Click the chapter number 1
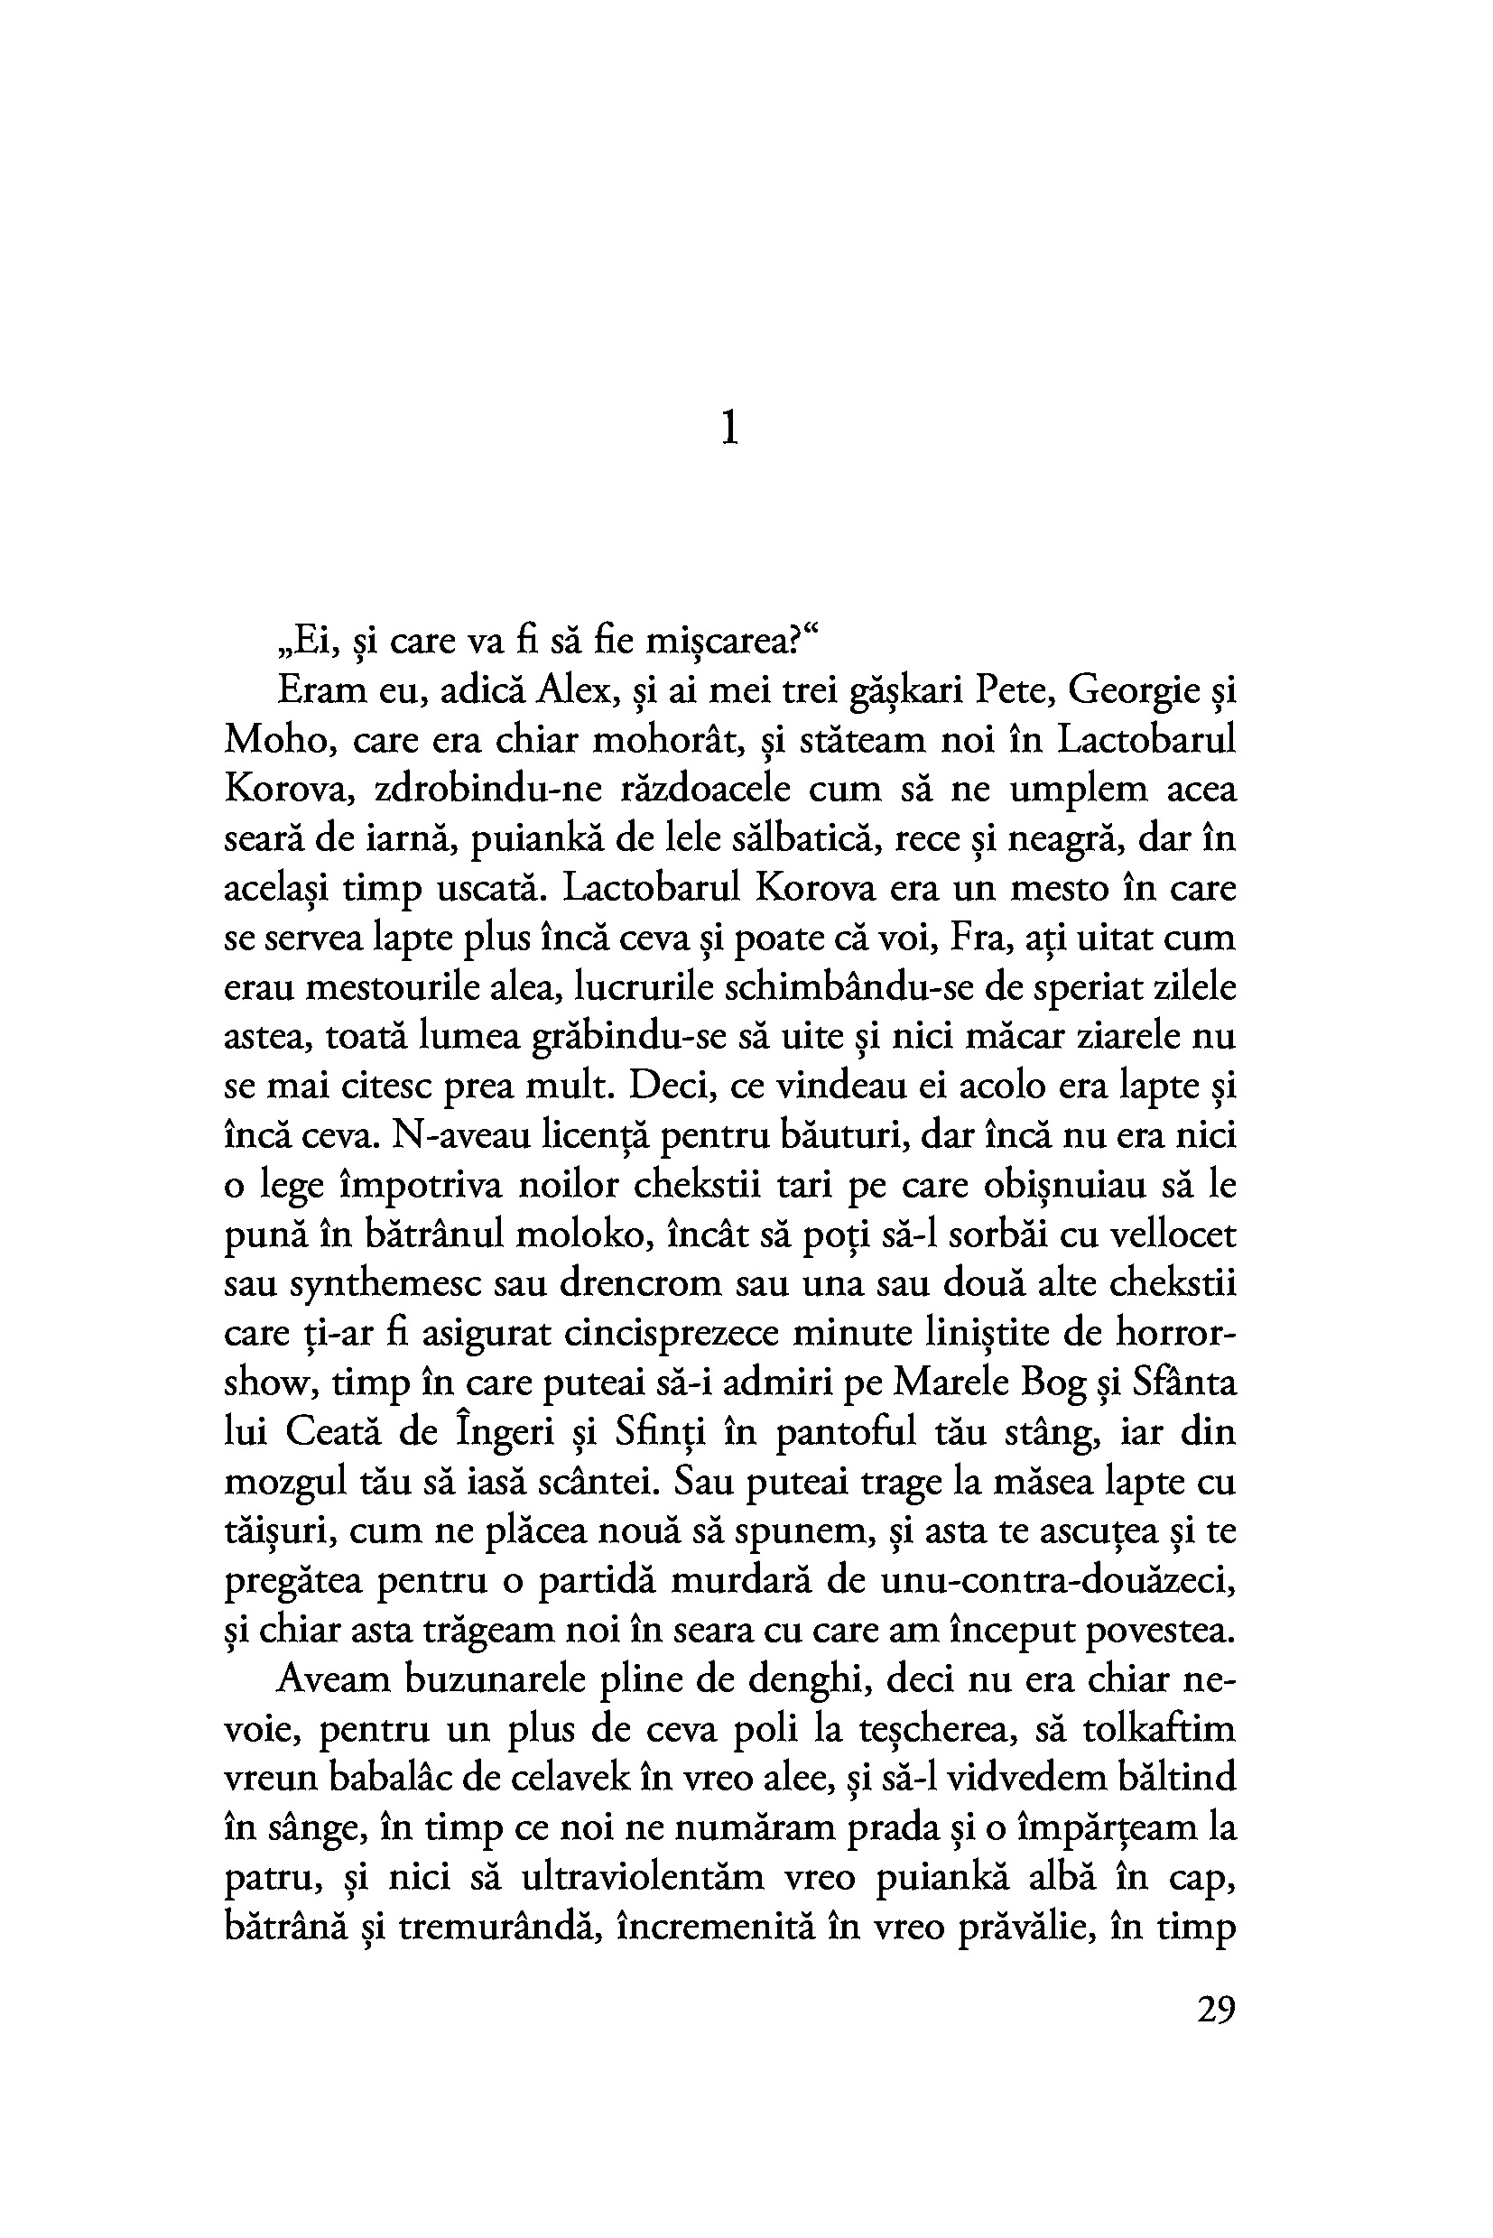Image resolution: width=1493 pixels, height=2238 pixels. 729,430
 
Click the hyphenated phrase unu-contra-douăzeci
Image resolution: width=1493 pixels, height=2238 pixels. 1058,1581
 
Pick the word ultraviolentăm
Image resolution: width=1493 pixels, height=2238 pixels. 643,1878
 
